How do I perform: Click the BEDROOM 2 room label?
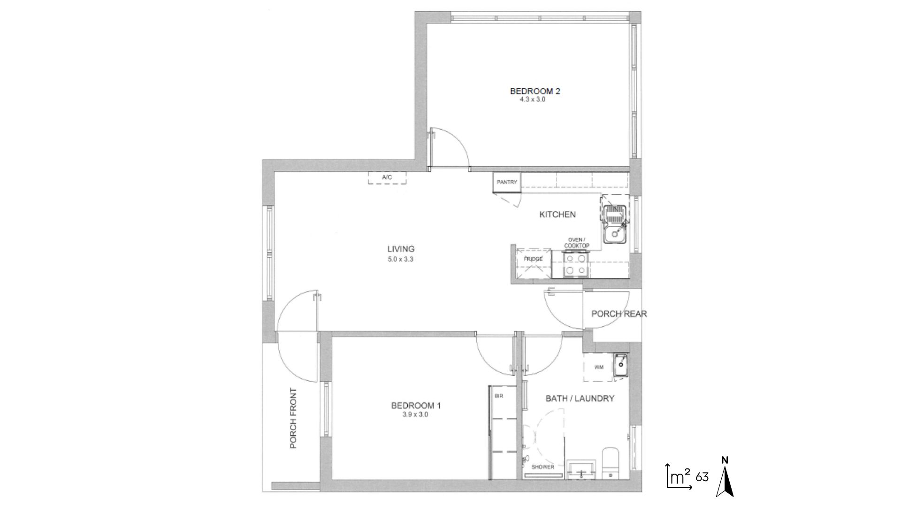(x=535, y=91)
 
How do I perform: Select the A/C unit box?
(x=387, y=178)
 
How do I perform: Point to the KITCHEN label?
(x=557, y=215)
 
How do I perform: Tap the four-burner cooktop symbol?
(x=576, y=264)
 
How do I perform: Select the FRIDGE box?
(x=533, y=263)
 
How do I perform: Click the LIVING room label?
(x=401, y=249)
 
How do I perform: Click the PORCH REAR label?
(x=619, y=314)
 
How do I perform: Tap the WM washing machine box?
(x=599, y=367)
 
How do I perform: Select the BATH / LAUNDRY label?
(x=580, y=399)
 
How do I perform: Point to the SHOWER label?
(x=543, y=467)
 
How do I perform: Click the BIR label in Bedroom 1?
(x=499, y=396)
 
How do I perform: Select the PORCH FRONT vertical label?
(x=294, y=418)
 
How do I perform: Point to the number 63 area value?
(x=702, y=477)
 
